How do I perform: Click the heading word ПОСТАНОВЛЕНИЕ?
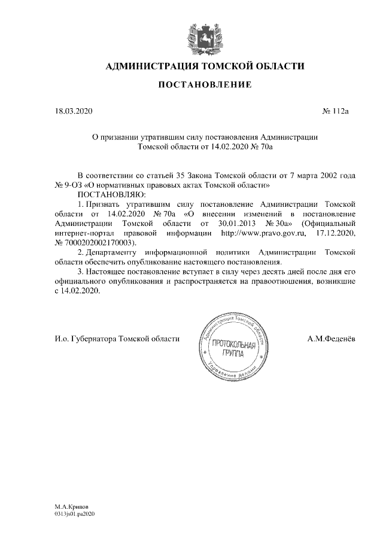205,86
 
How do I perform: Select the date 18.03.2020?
71,111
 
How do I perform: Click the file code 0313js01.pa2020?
75,513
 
